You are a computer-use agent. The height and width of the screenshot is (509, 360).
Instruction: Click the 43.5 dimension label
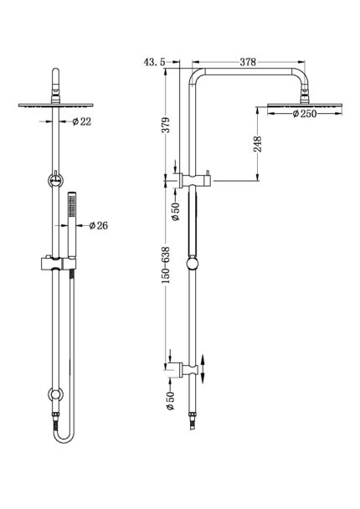155,62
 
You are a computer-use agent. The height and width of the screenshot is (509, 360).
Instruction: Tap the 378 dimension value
248,62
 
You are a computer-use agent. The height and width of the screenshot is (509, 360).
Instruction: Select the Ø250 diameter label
305,114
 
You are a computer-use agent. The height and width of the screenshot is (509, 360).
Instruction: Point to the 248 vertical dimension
257,144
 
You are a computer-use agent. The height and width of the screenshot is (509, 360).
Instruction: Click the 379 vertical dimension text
166,125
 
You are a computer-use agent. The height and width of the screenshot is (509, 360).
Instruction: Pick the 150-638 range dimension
166,265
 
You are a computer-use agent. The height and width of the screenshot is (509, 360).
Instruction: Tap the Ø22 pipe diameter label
82,121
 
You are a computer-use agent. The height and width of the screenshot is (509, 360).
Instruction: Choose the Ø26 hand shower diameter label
98,225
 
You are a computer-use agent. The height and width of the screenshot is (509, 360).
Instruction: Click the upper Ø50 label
176,211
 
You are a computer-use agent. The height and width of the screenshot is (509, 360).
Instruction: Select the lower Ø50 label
171,400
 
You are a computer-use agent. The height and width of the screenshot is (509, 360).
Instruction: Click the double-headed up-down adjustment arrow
203,369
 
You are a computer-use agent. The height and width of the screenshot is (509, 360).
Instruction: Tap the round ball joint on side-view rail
193,264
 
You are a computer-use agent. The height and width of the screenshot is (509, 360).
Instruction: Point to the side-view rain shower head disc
305,105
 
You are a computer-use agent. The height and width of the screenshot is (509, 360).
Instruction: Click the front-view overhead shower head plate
56,105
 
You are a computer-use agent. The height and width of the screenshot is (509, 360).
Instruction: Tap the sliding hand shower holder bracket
59,264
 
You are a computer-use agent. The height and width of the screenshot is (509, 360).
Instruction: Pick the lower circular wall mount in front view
55,394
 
